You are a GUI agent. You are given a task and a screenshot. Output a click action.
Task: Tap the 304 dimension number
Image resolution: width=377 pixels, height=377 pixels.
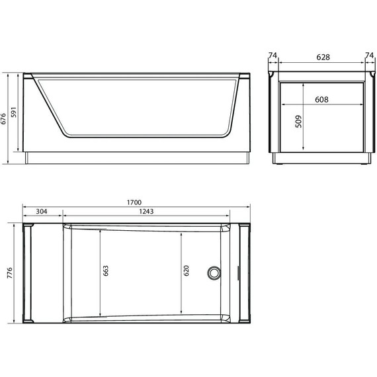click(42, 212)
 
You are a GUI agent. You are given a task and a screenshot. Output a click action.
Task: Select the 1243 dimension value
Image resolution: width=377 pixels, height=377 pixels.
click(147, 212)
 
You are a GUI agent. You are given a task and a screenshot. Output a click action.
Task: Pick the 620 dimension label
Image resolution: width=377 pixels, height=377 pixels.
click(187, 271)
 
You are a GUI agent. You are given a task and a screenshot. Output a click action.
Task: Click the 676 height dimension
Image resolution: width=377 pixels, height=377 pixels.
click(5, 118)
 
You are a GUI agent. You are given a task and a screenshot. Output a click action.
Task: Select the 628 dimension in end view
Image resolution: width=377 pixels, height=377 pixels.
click(322, 58)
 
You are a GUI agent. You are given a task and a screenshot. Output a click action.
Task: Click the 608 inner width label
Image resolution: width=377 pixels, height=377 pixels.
click(322, 99)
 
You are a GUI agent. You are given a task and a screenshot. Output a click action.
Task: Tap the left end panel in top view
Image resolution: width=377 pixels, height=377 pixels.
click(28, 273)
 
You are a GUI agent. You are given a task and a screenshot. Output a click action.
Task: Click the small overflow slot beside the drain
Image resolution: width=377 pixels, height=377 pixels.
click(231, 272)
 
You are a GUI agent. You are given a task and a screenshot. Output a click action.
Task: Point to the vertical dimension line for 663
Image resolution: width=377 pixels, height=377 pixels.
click(99, 291)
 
